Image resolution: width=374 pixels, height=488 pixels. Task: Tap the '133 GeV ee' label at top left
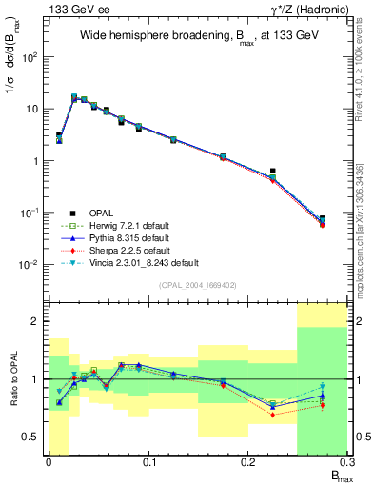(73, 9)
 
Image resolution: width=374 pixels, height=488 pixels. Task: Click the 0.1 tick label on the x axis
(148, 463)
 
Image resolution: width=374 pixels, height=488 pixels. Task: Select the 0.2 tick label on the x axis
(247, 463)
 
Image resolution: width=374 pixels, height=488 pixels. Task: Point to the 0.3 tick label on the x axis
(345, 463)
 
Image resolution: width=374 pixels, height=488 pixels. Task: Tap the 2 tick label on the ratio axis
(39, 321)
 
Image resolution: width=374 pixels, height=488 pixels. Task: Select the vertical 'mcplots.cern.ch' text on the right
(366, 238)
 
